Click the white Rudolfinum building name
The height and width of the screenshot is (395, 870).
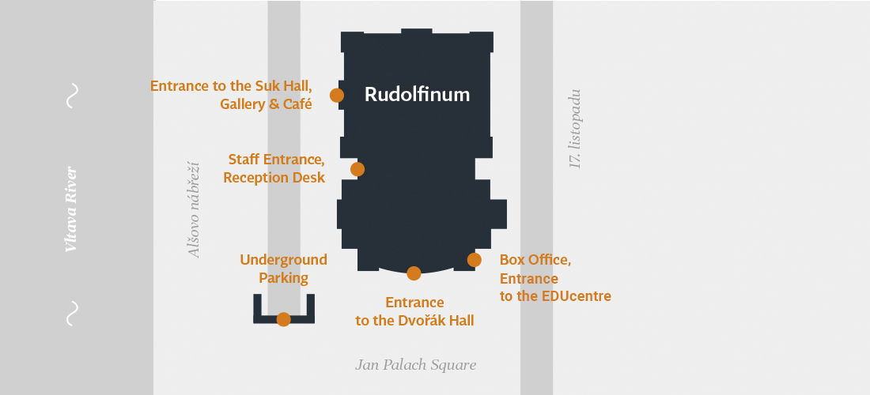(417, 95)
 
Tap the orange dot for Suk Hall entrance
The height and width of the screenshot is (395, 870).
(337, 96)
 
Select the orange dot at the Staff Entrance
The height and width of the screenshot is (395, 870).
(357, 169)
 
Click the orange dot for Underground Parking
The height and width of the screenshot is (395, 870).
(284, 319)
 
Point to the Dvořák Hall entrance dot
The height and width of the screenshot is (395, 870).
(414, 273)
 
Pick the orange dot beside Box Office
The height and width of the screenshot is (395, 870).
(475, 260)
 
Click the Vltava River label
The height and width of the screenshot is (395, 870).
(71, 209)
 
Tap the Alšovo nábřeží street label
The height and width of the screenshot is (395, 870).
(195, 209)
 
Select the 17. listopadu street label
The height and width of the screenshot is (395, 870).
(576, 129)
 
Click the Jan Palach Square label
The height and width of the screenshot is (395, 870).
(416, 365)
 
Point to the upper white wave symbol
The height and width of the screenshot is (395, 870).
(72, 96)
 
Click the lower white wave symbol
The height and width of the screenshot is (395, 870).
(72, 313)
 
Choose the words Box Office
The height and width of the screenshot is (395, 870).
(535, 260)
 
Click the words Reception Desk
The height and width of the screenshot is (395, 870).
(274, 178)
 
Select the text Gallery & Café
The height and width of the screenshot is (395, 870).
(266, 103)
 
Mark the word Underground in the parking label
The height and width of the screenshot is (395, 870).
(283, 260)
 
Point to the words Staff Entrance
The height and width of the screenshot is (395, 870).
(276, 160)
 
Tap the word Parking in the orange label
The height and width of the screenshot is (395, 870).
(283, 278)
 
